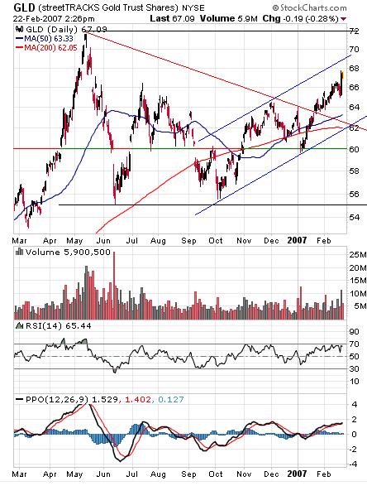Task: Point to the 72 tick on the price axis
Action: pyautogui.click(x=354, y=31)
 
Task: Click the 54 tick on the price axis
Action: pyautogui.click(x=354, y=217)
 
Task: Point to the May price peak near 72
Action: pyautogui.click(x=86, y=35)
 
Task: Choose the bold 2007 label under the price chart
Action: pyautogui.click(x=297, y=239)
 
